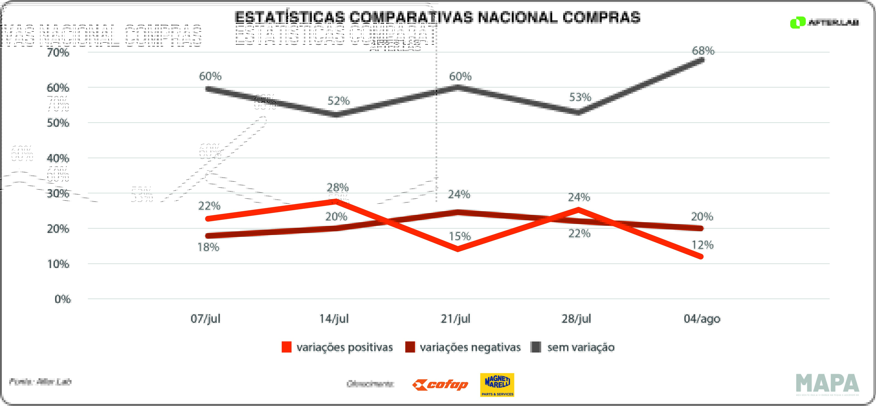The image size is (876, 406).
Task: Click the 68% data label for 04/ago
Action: [703, 51]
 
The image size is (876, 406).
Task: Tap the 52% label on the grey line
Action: [338, 101]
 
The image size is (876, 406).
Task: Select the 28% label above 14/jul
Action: [337, 187]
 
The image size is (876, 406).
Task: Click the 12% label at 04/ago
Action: [702, 245]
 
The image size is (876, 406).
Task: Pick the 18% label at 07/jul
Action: [208, 247]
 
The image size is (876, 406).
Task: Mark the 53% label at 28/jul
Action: [580, 97]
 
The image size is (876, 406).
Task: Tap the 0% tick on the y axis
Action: [63, 299]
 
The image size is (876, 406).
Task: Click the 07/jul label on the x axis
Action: [205, 319]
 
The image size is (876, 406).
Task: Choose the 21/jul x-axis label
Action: [455, 319]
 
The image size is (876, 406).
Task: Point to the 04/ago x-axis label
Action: [702, 319]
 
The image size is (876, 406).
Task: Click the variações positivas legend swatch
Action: [286, 347]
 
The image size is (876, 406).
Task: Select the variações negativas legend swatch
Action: [410, 347]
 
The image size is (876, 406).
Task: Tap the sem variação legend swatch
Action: [536, 347]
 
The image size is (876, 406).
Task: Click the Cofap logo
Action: [440, 385]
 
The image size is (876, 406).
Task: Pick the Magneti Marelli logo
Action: [497, 385]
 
